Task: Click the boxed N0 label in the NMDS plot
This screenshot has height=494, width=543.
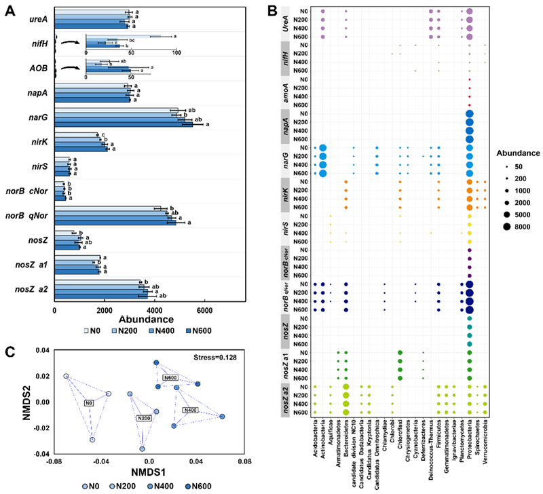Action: pos(87,403)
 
